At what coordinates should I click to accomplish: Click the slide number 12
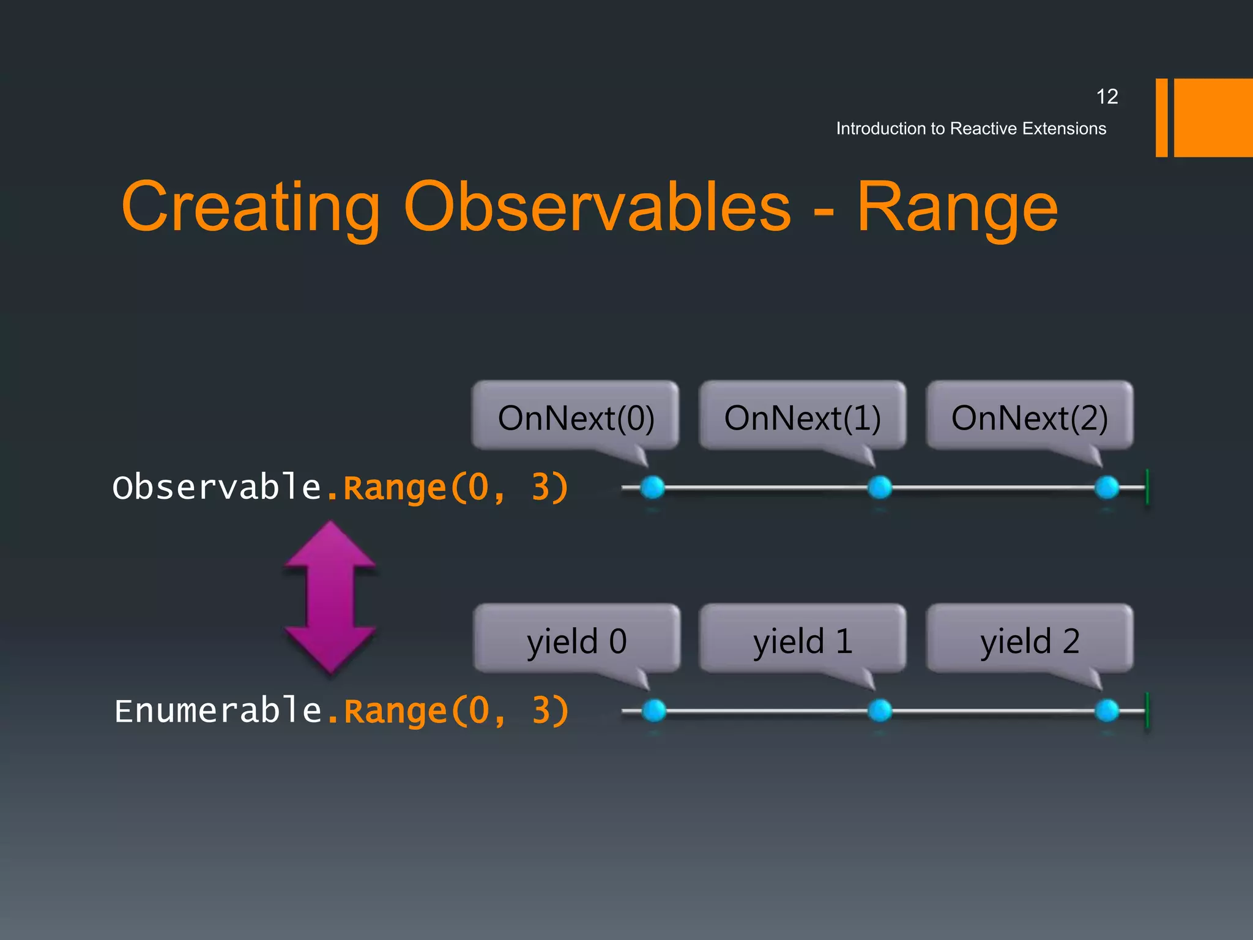(x=1107, y=97)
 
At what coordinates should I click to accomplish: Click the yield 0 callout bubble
(x=576, y=640)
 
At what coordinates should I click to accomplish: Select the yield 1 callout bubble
(x=802, y=640)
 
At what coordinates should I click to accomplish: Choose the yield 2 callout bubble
(x=1029, y=640)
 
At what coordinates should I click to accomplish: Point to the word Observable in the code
(x=217, y=488)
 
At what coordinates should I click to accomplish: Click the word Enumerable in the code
(x=218, y=711)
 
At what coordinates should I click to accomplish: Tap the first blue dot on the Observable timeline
(x=652, y=488)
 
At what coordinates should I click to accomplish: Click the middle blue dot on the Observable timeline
(x=880, y=488)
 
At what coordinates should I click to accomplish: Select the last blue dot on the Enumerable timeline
(x=1107, y=711)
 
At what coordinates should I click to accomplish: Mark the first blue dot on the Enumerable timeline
(x=654, y=711)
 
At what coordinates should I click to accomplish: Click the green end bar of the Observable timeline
(x=1147, y=487)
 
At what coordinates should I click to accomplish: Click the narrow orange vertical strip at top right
(x=1161, y=117)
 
